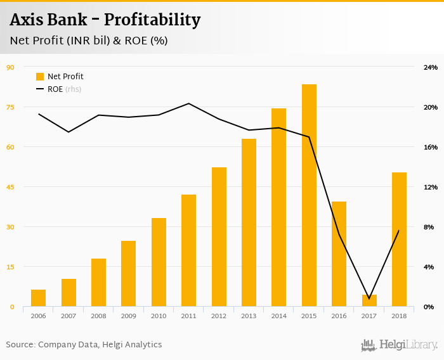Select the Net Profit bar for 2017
point(369,301)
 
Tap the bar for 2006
point(38,298)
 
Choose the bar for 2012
point(219,237)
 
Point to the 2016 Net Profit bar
point(339,254)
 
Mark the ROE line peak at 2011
point(189,103)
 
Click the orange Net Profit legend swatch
point(40,77)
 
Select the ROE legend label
point(55,89)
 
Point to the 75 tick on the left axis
point(10,107)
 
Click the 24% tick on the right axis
point(431,67)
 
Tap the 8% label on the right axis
point(429,227)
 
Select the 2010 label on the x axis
point(159,316)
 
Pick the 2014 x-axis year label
point(279,316)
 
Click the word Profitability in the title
point(152,20)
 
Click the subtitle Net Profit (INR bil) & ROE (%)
point(89,41)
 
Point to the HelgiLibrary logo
point(399,345)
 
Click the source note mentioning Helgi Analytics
point(84,345)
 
